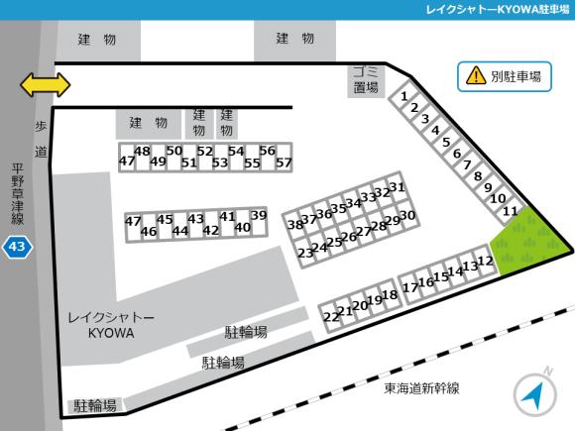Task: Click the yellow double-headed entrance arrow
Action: [46, 85]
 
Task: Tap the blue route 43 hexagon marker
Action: [17, 245]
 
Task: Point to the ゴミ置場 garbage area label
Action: [365, 79]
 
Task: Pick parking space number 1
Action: [405, 96]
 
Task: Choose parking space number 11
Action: [511, 211]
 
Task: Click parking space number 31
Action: [397, 186]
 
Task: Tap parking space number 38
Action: [294, 225]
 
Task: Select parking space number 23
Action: [305, 253]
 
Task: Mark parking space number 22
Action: [330, 316]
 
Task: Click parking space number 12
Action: [486, 262]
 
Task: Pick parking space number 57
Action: [284, 162]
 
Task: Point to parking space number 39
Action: [259, 215]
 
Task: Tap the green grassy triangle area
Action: [529, 244]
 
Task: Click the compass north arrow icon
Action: [534, 395]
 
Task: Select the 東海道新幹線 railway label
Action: [429, 388]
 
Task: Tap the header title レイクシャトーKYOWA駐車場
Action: [494, 9]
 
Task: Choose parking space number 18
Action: [390, 294]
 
